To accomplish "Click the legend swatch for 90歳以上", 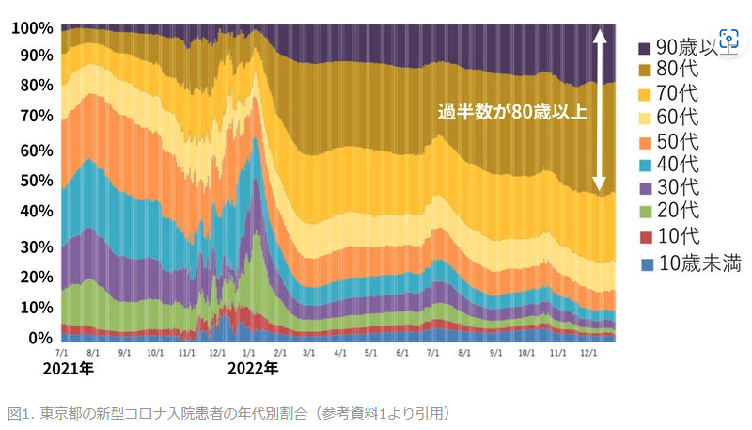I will tap(644, 48).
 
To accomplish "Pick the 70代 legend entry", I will tap(677, 95).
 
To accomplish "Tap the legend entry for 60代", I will tap(677, 119).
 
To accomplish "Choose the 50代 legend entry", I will tap(677, 142).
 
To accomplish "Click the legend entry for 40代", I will tap(677, 166).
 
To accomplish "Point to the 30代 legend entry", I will tap(677, 189).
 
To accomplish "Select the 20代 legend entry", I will tap(677, 213).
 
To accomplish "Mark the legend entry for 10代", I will tap(677, 236).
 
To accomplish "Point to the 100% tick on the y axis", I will tap(32, 28).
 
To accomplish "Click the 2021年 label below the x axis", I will tap(69, 369).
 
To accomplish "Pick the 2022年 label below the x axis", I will tap(254, 369).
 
